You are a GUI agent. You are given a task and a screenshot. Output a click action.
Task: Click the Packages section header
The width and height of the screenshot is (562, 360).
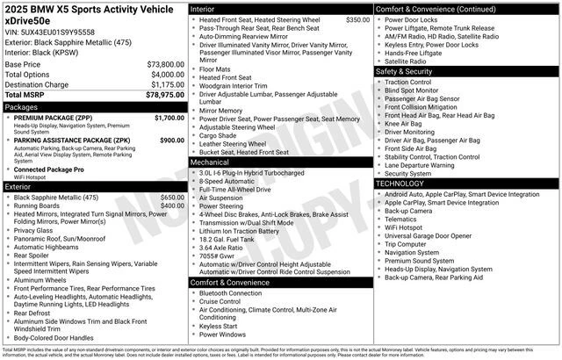click(22, 107)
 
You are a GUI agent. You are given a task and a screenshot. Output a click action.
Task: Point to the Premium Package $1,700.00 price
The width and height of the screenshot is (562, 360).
click(169, 117)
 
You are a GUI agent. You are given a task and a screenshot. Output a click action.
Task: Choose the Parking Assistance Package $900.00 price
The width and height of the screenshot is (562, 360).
click(171, 140)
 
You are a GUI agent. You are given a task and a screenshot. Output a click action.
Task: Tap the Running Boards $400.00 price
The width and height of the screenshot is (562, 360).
click(172, 205)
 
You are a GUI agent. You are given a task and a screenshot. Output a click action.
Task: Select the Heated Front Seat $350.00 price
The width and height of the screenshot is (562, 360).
click(357, 19)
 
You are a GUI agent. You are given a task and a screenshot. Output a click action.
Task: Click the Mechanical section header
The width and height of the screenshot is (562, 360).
click(210, 162)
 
